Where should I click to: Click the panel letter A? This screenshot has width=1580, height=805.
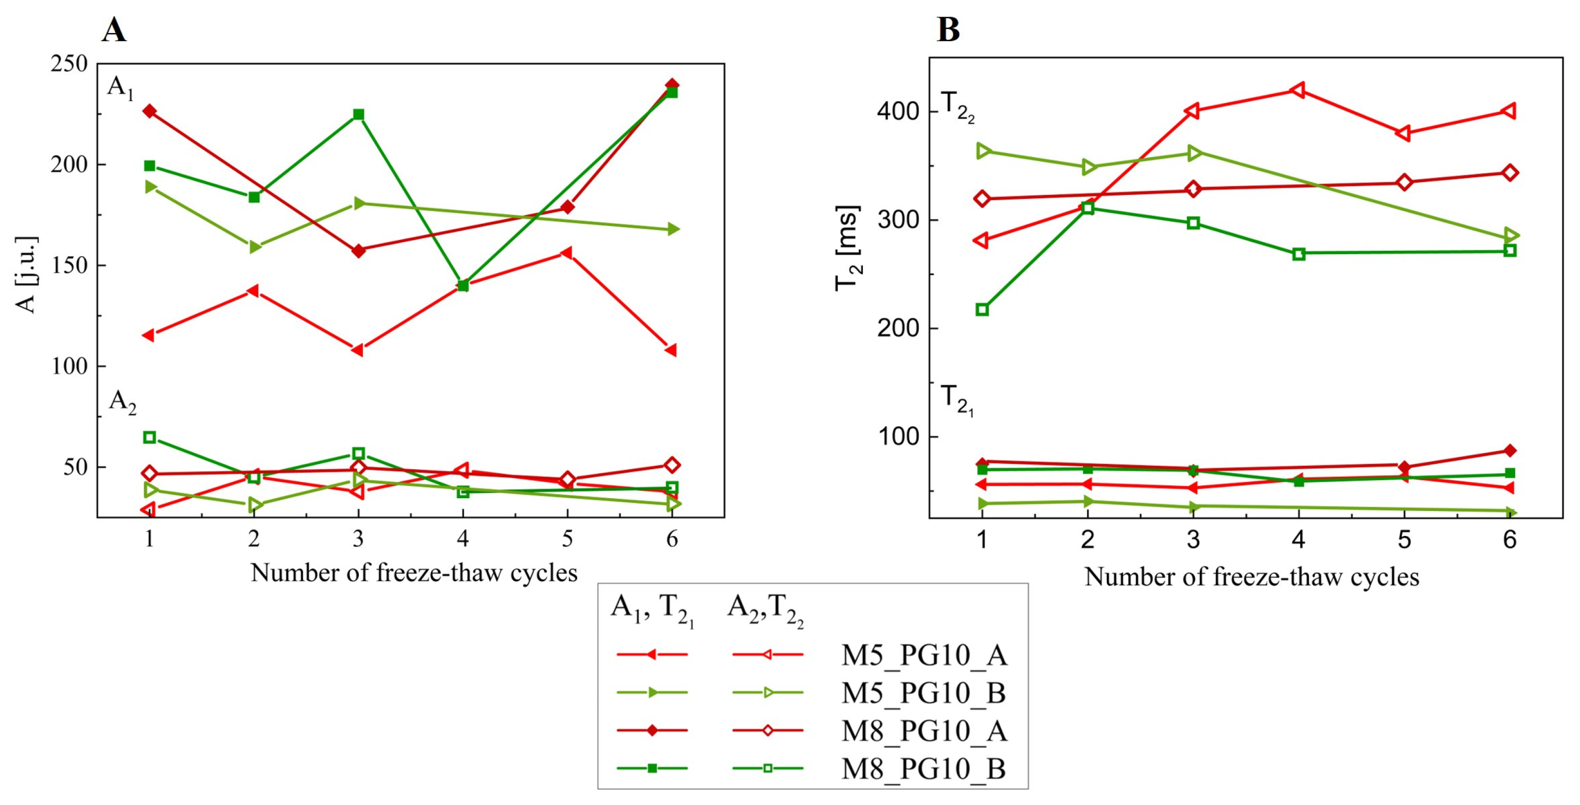pos(114,29)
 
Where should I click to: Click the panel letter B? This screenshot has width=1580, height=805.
pos(948,29)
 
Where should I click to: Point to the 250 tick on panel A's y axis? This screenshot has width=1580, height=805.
pos(69,64)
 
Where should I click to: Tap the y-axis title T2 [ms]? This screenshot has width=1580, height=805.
pos(848,248)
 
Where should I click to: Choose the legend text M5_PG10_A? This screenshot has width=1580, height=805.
pos(924,655)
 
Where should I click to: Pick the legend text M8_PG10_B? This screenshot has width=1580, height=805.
pos(924,768)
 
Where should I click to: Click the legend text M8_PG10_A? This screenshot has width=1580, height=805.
pos(924,731)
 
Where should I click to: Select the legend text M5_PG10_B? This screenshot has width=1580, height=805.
pos(924,693)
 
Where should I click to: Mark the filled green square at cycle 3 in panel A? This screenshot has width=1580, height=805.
pos(359,115)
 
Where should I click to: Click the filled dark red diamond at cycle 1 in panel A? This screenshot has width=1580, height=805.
pos(149,111)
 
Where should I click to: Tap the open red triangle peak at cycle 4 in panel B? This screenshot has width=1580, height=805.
pos(1298,90)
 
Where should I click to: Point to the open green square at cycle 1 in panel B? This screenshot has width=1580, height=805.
pos(982,309)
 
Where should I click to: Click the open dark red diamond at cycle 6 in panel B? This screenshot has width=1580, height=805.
pos(1509,172)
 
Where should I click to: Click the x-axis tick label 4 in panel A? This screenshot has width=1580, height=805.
pos(462,539)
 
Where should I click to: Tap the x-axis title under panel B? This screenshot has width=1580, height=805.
pos(1251,577)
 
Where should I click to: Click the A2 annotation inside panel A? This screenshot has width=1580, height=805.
pos(123,402)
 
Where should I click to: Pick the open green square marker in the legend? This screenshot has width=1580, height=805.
pos(767,768)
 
